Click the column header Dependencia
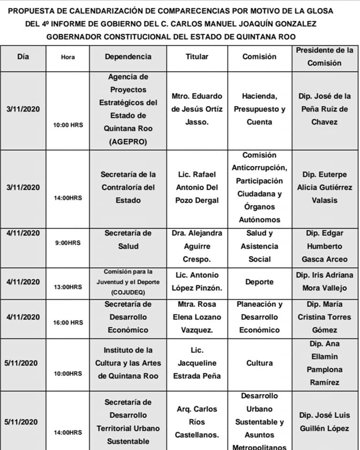tap(128, 57)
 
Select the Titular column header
tap(197, 57)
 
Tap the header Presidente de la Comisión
tap(324, 57)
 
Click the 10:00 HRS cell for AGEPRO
tap(67, 125)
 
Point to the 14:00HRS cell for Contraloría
tap(67, 198)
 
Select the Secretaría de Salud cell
tap(128, 240)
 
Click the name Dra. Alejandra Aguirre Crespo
tap(197, 246)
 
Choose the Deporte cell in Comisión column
tap(260, 282)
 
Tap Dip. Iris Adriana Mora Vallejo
tap(324, 282)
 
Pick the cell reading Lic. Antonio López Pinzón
tap(197, 282)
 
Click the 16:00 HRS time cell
tap(67, 322)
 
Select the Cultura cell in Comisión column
tap(260, 363)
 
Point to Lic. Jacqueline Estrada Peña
tap(197, 363)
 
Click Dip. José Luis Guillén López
tap(324, 422)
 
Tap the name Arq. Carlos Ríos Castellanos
tap(197, 422)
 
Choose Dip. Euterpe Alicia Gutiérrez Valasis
tap(324, 187)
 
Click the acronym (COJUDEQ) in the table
tap(128, 292)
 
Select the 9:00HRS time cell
tap(67, 243)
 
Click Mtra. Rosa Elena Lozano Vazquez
tap(197, 317)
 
